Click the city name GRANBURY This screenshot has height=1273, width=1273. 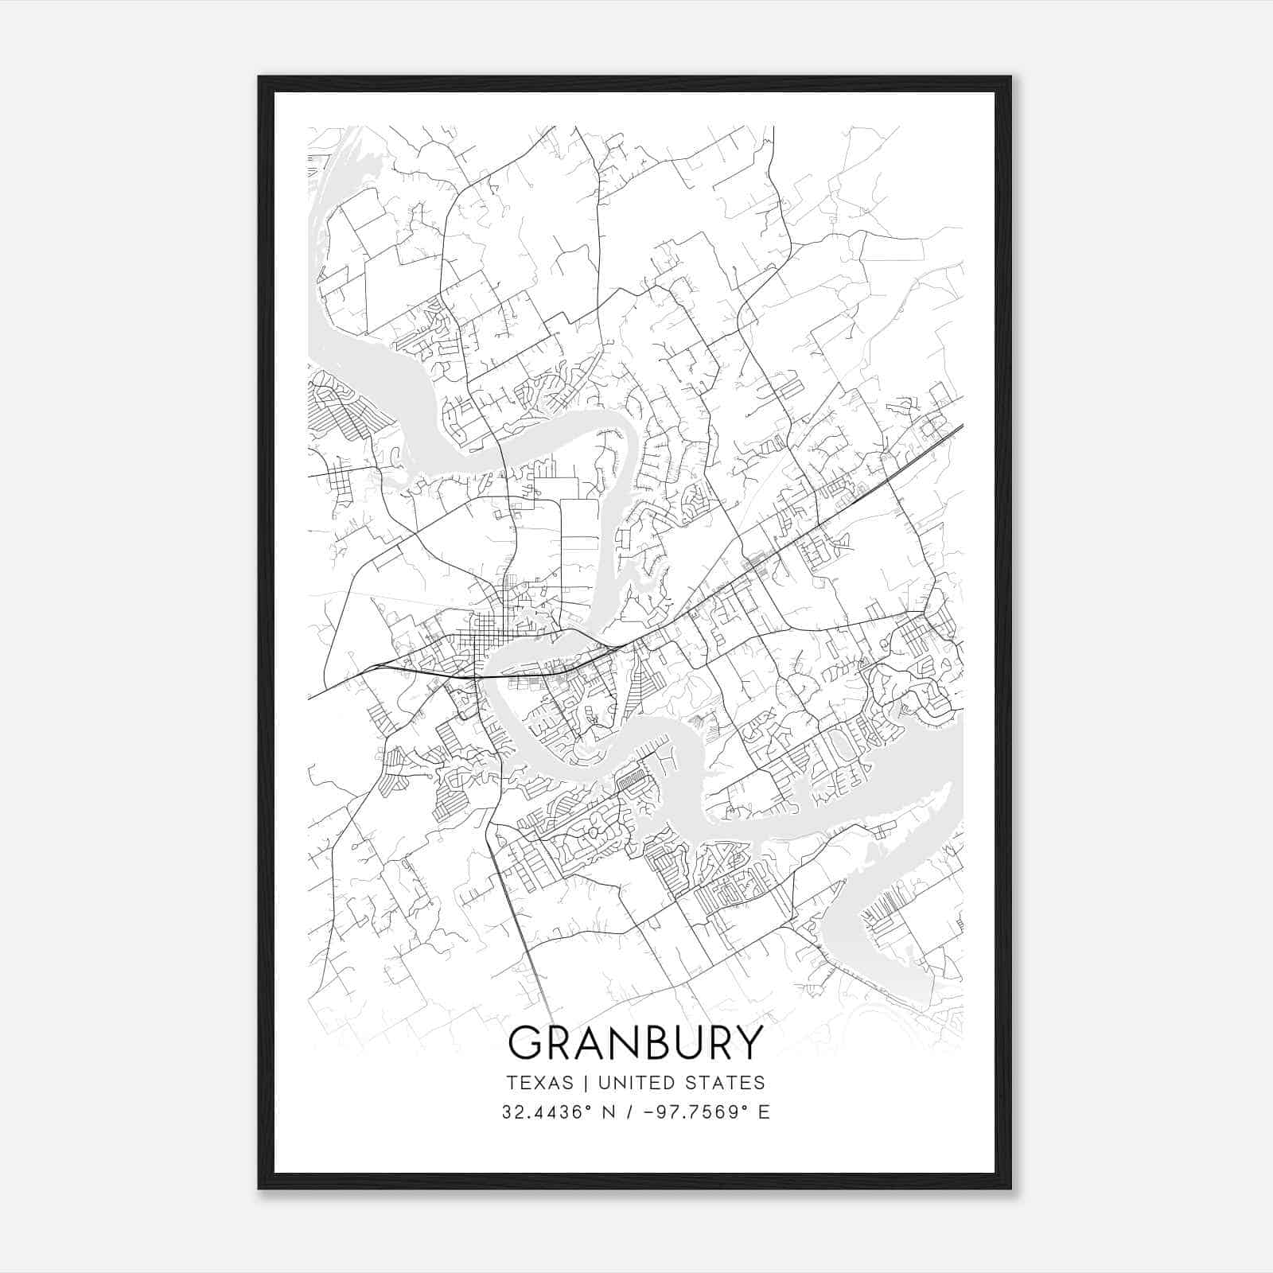point(636,1042)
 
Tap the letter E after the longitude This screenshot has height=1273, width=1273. point(764,1112)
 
